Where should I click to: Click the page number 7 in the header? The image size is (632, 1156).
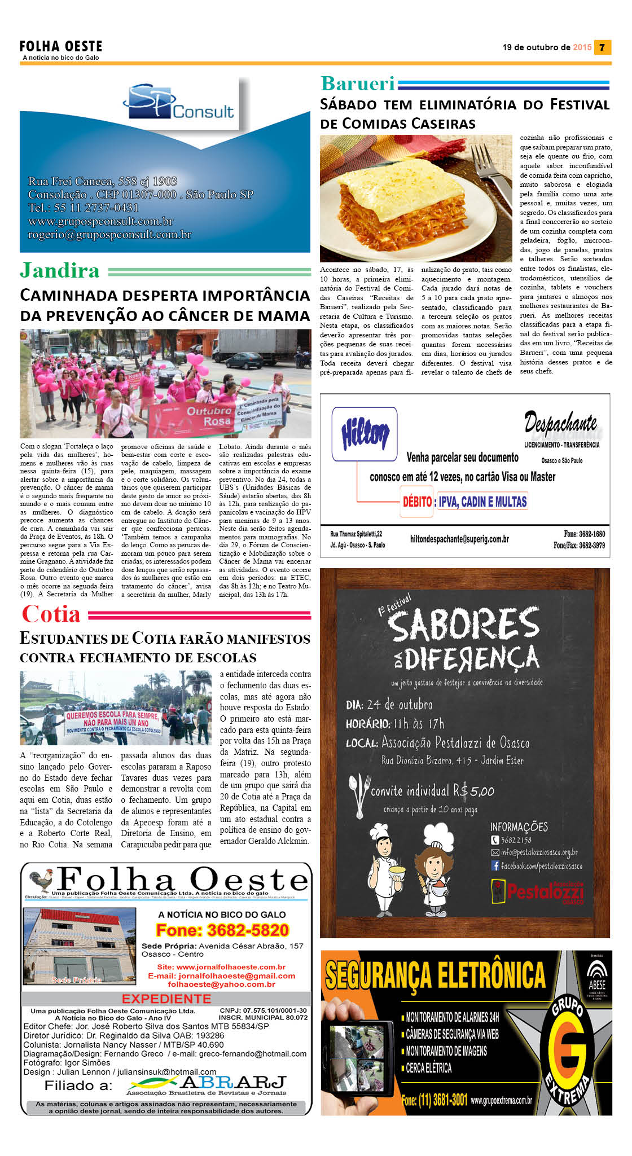pyautogui.click(x=603, y=47)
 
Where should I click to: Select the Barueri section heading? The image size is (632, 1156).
pyautogui.click(x=358, y=83)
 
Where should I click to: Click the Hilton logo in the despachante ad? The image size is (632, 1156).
pyautogui.click(x=365, y=434)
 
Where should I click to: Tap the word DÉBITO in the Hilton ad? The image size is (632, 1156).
pyautogui.click(x=417, y=501)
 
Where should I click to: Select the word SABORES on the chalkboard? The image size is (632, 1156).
pyautogui.click(x=464, y=625)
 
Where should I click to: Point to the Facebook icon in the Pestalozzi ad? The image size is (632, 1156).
pyautogui.click(x=495, y=865)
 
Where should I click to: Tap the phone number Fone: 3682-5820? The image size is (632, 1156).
pyautogui.click(x=222, y=930)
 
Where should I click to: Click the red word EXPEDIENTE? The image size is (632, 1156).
pyautogui.click(x=166, y=999)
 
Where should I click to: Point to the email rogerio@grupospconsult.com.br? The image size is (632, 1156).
pyautogui.click(x=110, y=235)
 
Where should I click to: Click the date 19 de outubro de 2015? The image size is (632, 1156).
pyautogui.click(x=547, y=47)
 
